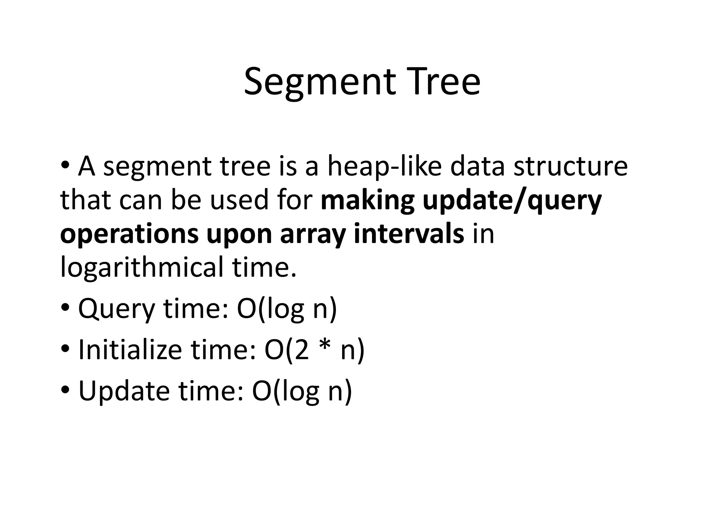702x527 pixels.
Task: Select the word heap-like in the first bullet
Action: click(384, 167)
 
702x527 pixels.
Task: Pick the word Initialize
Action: click(130, 350)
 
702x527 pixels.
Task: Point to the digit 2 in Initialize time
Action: click(301, 350)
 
